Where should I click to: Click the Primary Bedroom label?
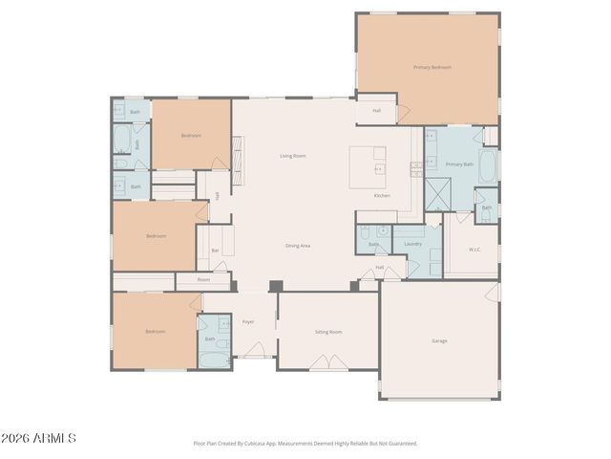[432, 67]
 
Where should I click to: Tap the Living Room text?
[292, 156]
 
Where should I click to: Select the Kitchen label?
[382, 195]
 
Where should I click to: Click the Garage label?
[439, 340]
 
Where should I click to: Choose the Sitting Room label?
[328, 332]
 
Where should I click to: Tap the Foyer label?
[248, 322]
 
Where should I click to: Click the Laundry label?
[412, 244]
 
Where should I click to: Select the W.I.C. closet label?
[474, 251]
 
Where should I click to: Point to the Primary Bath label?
[459, 164]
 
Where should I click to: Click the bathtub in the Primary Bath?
[487, 167]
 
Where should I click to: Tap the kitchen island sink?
[378, 168]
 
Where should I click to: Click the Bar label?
[215, 251]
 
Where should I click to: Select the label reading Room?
[203, 279]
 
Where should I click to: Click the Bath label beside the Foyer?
[210, 339]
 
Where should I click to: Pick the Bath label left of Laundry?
[373, 245]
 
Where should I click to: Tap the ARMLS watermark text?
[39, 438]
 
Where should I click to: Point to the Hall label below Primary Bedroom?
[376, 111]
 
